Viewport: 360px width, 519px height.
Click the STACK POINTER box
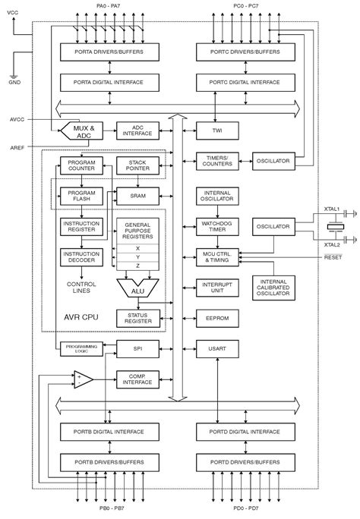(x=137, y=165)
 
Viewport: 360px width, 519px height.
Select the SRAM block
(x=137, y=195)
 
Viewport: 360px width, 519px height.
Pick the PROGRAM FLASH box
(x=81, y=196)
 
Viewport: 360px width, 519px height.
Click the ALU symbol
(x=137, y=288)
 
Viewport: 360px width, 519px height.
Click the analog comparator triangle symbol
(x=83, y=379)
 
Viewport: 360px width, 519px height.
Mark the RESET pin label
(x=333, y=256)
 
